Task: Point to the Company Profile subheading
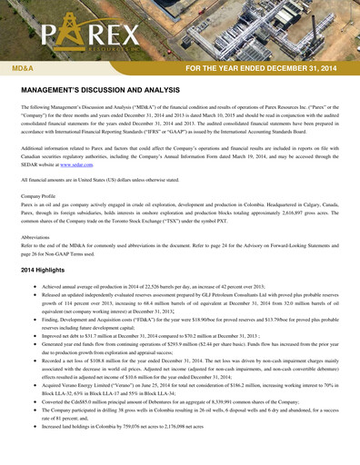[x=43, y=196]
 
